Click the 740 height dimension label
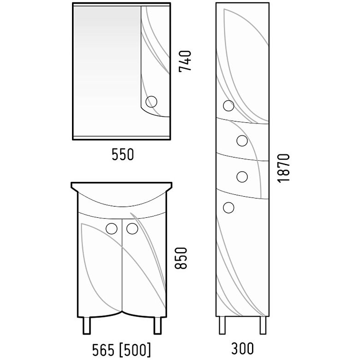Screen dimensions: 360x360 (185, 61)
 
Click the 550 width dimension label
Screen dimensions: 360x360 (123, 155)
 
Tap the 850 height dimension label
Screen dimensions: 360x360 (181, 258)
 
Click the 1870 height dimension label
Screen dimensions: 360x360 (283, 168)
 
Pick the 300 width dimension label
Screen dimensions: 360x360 (242, 348)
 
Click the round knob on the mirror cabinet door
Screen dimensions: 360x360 (151, 102)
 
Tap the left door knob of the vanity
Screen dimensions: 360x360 (112, 228)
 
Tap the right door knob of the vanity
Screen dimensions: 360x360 (132, 228)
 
